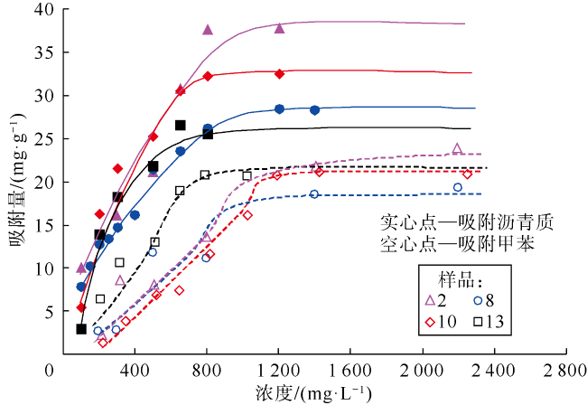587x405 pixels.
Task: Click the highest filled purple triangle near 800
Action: (208, 30)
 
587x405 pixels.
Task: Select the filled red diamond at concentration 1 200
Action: (279, 73)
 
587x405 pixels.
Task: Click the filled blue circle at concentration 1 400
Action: (314, 109)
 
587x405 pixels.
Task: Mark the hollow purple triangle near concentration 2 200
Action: (457, 148)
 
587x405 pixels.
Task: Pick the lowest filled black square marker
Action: (81, 329)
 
